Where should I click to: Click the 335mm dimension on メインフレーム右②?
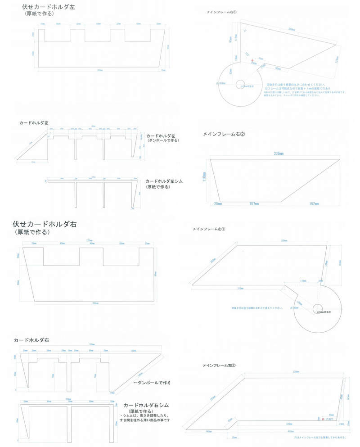pyautogui.click(x=274, y=154)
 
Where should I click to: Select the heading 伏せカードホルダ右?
pyautogui.click(x=45, y=224)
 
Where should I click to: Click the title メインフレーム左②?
pyautogui.click(x=219, y=365)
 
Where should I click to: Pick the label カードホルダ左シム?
pyautogui.click(x=163, y=181)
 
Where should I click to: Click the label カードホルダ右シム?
pyautogui.click(x=146, y=405)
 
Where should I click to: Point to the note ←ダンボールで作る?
pyautogui.click(x=151, y=383)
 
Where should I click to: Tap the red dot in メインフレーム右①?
pyautogui.click(x=252, y=60)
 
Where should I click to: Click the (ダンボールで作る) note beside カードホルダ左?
pyautogui.click(x=163, y=141)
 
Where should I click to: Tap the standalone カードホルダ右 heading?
pyautogui.click(x=31, y=339)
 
